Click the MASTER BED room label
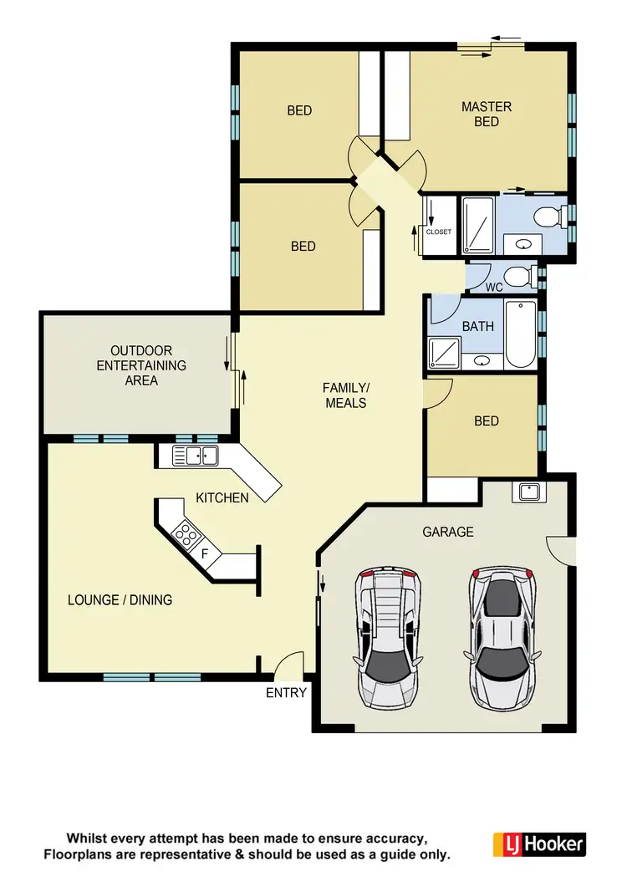tap(487, 115)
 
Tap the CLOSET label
tap(438, 232)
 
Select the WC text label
tap(494, 288)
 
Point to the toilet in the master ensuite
tap(548, 217)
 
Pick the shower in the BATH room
tap(444, 353)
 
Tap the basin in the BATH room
tap(482, 360)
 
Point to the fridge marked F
tap(205, 553)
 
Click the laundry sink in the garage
tap(528, 492)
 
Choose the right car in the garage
tap(502, 634)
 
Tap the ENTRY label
tap(286, 693)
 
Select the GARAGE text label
tap(447, 532)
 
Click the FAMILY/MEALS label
tap(344, 395)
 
